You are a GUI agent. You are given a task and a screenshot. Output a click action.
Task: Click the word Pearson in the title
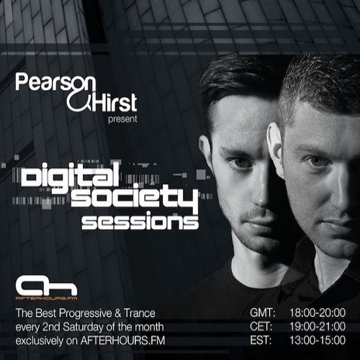coord(55,83)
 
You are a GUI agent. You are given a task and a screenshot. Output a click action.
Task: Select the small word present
coord(122,120)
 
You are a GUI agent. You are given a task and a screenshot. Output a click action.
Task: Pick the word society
coord(135,197)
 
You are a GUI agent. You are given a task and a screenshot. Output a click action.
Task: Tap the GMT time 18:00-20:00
coord(318,312)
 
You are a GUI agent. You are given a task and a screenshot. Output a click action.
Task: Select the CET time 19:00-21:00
coord(318,326)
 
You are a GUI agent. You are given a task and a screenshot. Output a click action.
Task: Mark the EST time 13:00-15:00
coord(318,340)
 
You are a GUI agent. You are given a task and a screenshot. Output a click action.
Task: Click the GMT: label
coord(263,312)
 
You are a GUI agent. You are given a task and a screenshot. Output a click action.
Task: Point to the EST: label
coord(261,340)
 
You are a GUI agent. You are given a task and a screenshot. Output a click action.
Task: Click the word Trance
coord(140,313)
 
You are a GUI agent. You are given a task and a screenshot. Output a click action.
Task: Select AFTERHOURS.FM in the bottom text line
coord(122,341)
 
